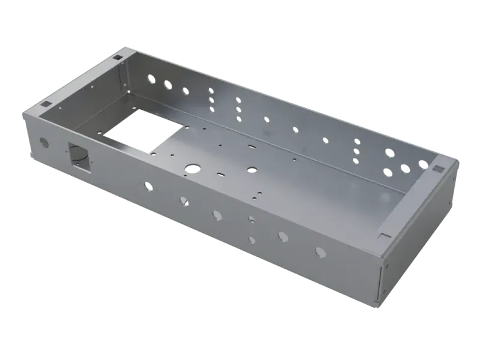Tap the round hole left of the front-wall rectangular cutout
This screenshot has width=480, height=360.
coord(43,143)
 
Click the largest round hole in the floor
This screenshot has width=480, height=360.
coord(192,169)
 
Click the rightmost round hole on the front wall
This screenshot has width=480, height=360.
coord(320,252)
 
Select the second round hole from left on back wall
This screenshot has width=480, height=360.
coord(167,85)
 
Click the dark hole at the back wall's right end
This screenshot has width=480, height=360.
coord(424,164)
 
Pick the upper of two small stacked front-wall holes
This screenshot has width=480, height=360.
coord(251,219)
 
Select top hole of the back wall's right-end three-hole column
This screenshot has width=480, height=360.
coord(358,142)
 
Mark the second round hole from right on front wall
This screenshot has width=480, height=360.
coord(283,236)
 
